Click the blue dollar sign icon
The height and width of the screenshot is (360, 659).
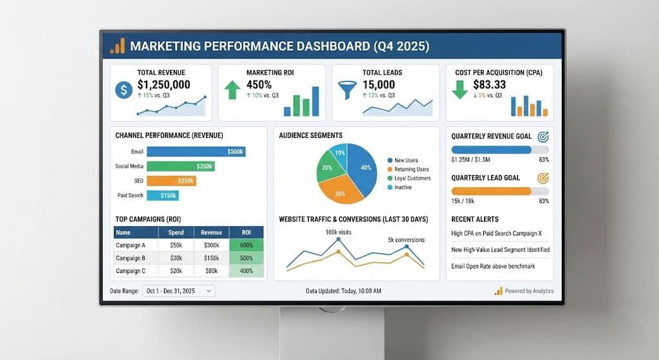pos(124,90)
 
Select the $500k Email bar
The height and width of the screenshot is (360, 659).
pos(196,151)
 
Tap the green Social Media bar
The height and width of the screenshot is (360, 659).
pos(181,166)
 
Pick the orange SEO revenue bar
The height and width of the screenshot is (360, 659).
pos(171,181)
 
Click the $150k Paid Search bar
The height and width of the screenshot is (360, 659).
pos(163,195)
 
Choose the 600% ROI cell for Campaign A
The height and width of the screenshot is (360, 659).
pos(246,245)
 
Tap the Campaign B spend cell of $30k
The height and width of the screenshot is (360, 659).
pos(176,258)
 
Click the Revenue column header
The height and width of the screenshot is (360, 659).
pos(211,232)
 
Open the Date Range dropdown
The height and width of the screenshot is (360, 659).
pos(179,291)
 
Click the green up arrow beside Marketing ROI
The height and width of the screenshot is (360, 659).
pos(232,90)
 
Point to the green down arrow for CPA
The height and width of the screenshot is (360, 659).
pos(459,90)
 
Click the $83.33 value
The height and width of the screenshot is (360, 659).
pos(489,84)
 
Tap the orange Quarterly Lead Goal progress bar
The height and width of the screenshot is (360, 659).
pos(491,191)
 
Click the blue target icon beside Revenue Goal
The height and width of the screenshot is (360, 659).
pos(543,137)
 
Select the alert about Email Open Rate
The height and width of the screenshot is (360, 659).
pos(493,266)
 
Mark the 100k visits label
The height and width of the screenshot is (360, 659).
pos(339,232)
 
